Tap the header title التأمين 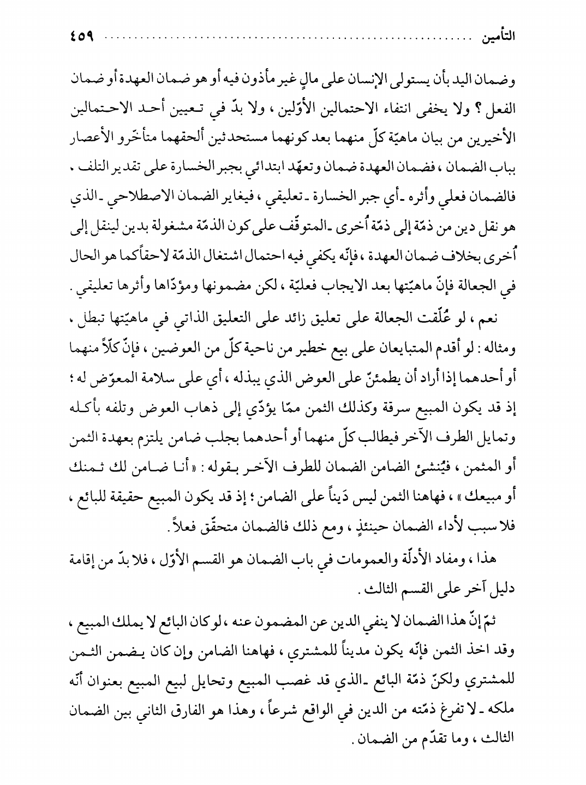pyautogui.click(x=497, y=40)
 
